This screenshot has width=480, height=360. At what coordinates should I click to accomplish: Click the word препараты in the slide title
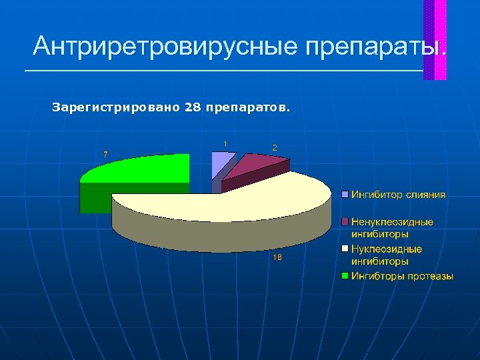coord(373,47)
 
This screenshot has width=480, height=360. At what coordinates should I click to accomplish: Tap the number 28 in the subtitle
coord(192,107)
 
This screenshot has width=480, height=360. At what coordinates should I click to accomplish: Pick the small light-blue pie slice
coord(222,163)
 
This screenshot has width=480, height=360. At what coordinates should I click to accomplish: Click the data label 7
coord(105,154)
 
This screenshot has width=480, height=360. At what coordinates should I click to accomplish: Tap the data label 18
coord(277,258)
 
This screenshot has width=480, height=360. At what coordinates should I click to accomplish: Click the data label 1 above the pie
coord(225,143)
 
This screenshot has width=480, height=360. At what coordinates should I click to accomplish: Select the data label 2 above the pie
coord(275,147)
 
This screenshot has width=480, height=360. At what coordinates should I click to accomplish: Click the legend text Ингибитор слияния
coord(399,195)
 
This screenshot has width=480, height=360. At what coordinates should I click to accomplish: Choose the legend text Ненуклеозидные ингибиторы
coord(392,228)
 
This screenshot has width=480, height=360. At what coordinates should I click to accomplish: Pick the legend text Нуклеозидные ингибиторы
coord(387,255)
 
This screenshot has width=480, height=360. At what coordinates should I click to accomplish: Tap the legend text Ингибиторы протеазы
coord(402,276)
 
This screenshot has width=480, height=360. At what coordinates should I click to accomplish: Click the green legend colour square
coord(345,276)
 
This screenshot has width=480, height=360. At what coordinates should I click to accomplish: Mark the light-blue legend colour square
coord(345,195)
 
